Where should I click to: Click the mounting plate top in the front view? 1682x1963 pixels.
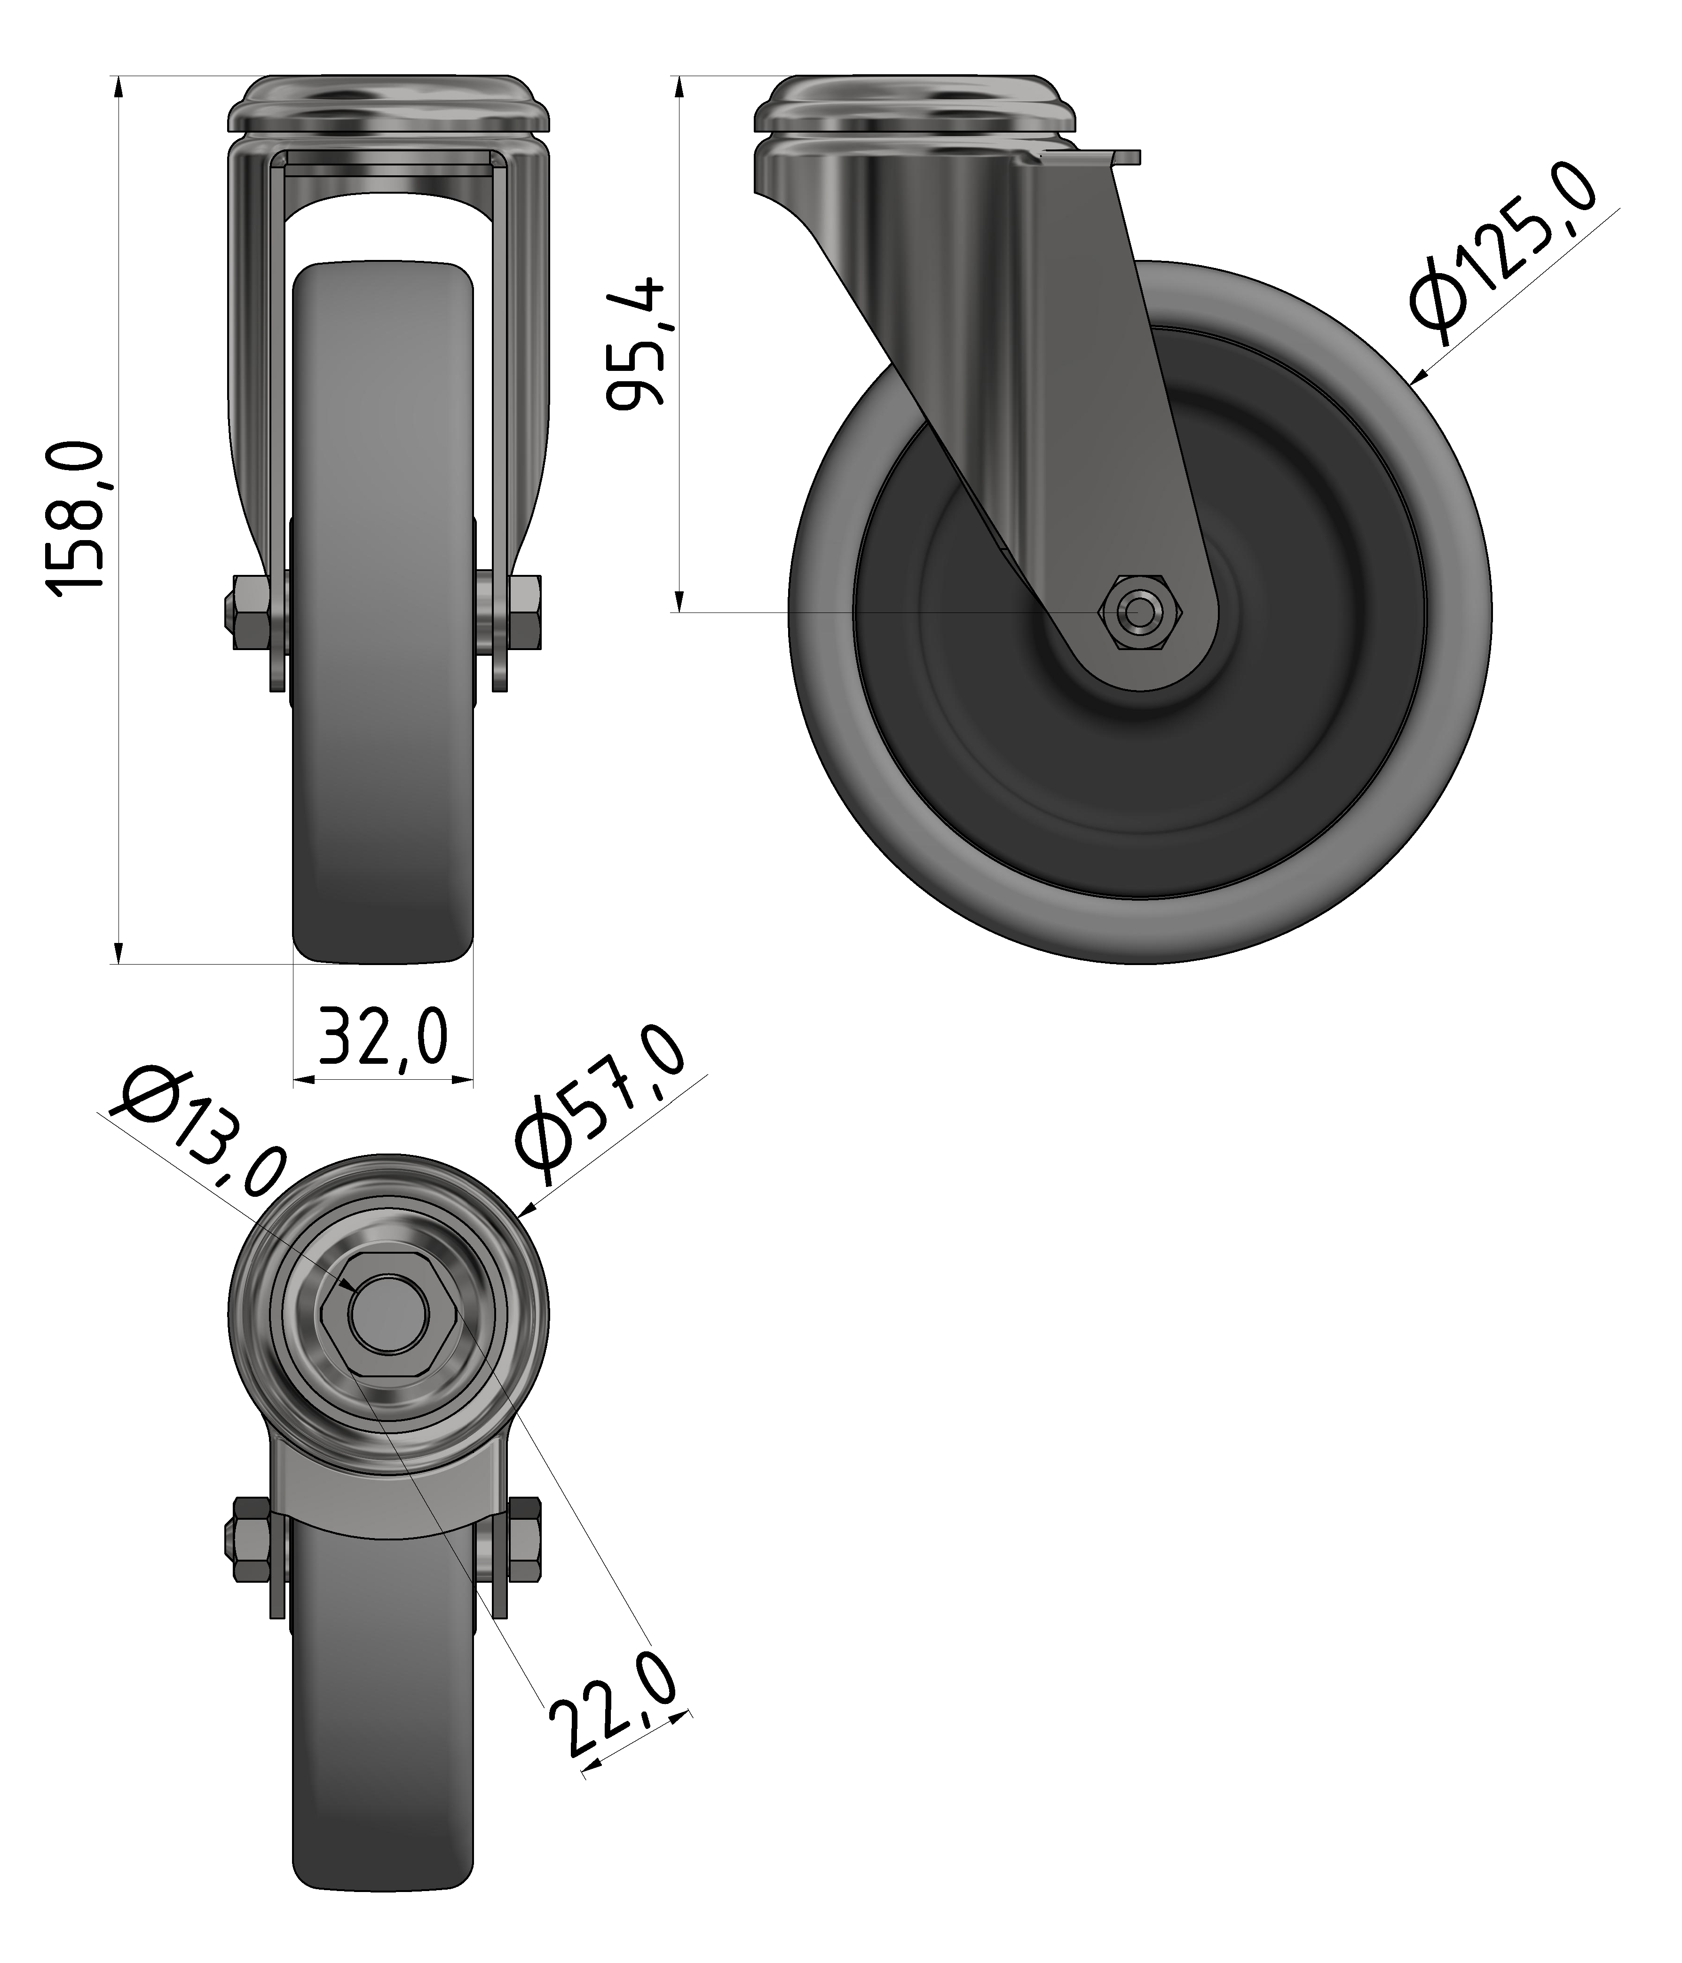(x=388, y=104)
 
